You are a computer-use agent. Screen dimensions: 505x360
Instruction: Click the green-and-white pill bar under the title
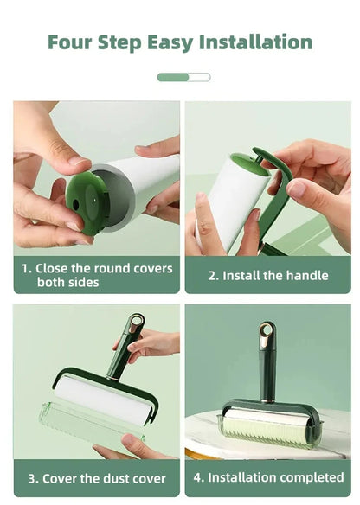point(183,77)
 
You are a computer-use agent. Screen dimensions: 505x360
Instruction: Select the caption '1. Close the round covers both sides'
point(96,275)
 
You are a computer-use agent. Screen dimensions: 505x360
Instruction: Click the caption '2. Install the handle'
point(268,275)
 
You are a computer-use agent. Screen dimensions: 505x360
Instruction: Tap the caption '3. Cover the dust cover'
point(96,478)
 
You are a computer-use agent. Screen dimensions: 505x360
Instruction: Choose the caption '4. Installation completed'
point(268,477)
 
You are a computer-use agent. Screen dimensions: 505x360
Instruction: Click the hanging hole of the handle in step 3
point(137,323)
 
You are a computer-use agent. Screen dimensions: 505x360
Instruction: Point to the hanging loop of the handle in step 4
point(267,333)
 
